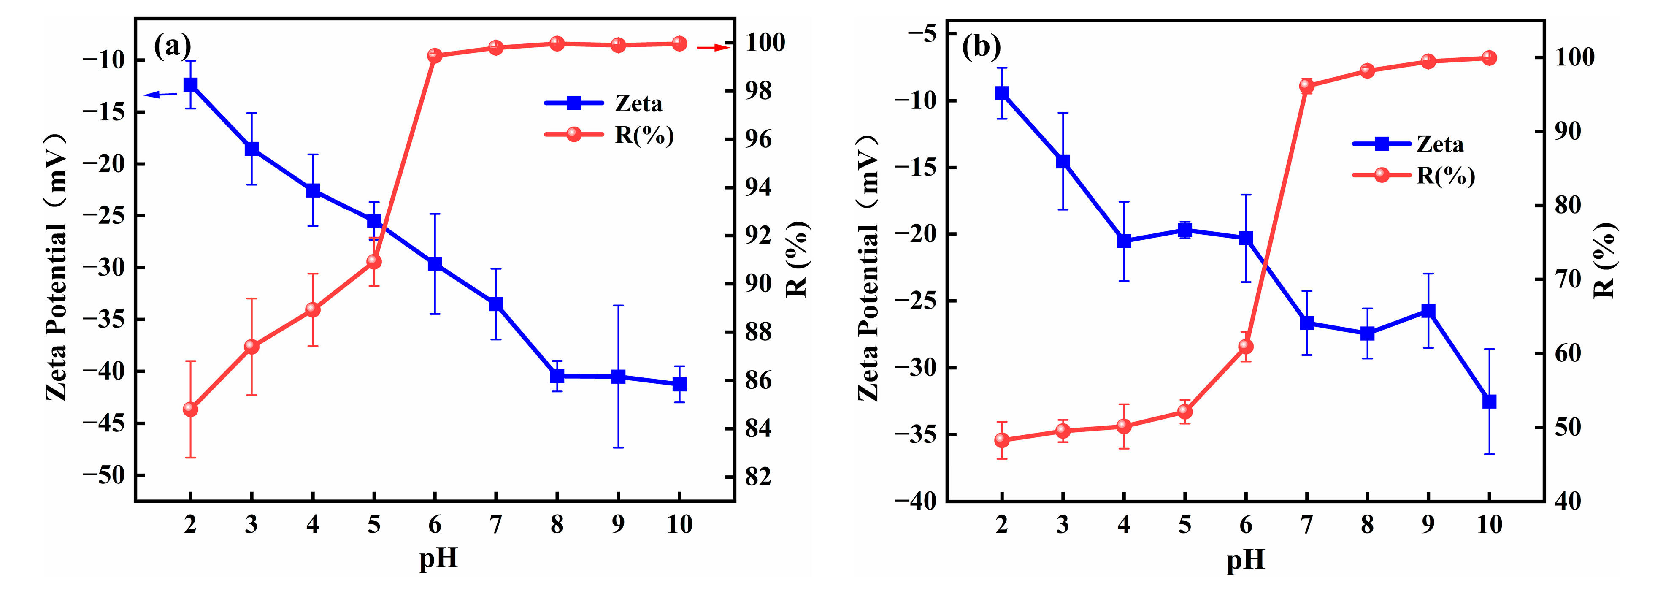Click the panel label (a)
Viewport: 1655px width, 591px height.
click(172, 46)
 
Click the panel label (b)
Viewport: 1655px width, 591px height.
click(981, 46)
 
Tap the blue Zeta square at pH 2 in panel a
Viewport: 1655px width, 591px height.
click(190, 85)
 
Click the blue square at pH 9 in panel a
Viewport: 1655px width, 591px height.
click(618, 377)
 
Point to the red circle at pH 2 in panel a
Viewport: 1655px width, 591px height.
click(190, 409)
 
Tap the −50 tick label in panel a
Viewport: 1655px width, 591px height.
click(104, 475)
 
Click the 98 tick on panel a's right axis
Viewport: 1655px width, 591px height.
click(758, 91)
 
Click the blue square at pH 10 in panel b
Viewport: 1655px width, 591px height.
click(1489, 401)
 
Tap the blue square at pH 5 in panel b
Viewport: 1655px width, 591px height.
click(1185, 230)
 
